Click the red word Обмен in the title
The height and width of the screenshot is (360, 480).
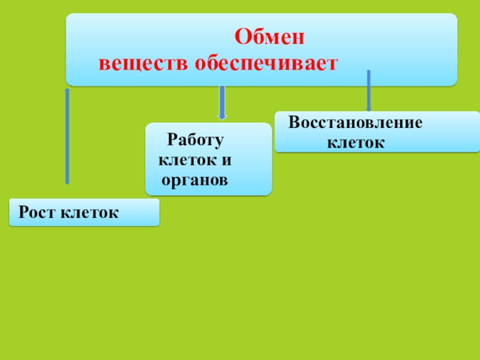point(269,39)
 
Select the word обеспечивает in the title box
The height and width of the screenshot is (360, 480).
point(265,64)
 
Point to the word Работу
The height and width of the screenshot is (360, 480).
point(195,140)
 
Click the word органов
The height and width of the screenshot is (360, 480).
point(194,179)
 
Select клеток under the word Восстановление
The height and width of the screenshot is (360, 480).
point(355,143)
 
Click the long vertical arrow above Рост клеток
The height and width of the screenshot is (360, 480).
point(67,138)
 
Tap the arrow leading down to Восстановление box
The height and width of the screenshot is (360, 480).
point(368,90)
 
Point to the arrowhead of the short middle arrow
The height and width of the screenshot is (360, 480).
point(222,115)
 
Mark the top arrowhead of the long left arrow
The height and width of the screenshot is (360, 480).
point(67,91)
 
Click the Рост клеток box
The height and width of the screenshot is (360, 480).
point(84,212)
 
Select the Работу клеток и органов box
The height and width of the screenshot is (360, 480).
point(208,159)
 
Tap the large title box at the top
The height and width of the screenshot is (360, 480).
point(261,49)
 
